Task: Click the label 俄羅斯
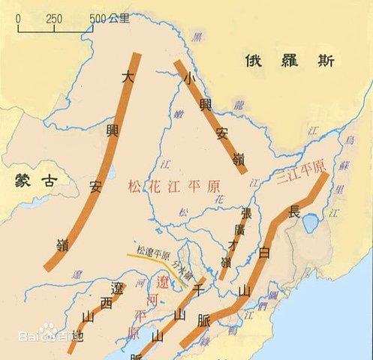click(x=288, y=62)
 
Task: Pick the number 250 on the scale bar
click(x=54, y=18)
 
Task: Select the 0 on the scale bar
click(x=19, y=18)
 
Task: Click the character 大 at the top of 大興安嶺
click(x=128, y=76)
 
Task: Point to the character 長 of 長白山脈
click(x=294, y=211)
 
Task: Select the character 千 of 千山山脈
click(x=199, y=289)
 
